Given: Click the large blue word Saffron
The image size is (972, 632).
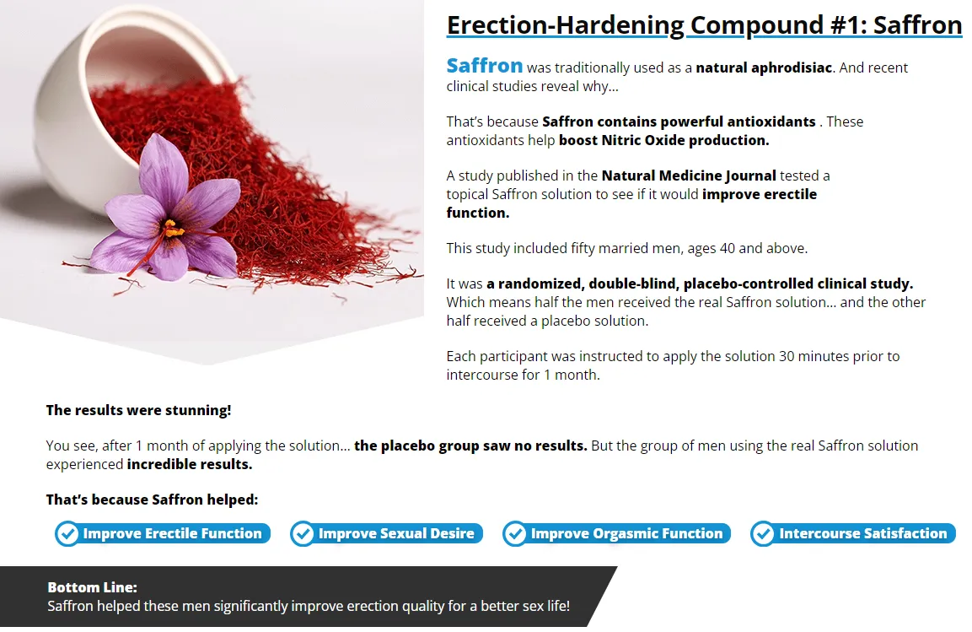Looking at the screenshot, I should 485,66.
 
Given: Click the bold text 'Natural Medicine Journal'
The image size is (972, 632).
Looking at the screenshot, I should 689,176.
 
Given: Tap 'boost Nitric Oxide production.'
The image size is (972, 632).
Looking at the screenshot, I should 663,140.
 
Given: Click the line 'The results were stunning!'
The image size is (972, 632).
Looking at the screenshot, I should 138,410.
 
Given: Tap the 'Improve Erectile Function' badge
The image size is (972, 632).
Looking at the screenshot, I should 163,533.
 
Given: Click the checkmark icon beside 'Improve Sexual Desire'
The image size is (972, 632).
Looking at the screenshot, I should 302,533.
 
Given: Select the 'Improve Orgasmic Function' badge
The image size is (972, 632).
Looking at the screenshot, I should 617,533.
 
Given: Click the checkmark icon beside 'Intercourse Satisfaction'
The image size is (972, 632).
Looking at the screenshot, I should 762,533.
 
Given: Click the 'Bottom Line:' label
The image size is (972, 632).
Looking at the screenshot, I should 92,587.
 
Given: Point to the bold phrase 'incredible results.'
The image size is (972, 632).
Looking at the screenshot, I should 190,464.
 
